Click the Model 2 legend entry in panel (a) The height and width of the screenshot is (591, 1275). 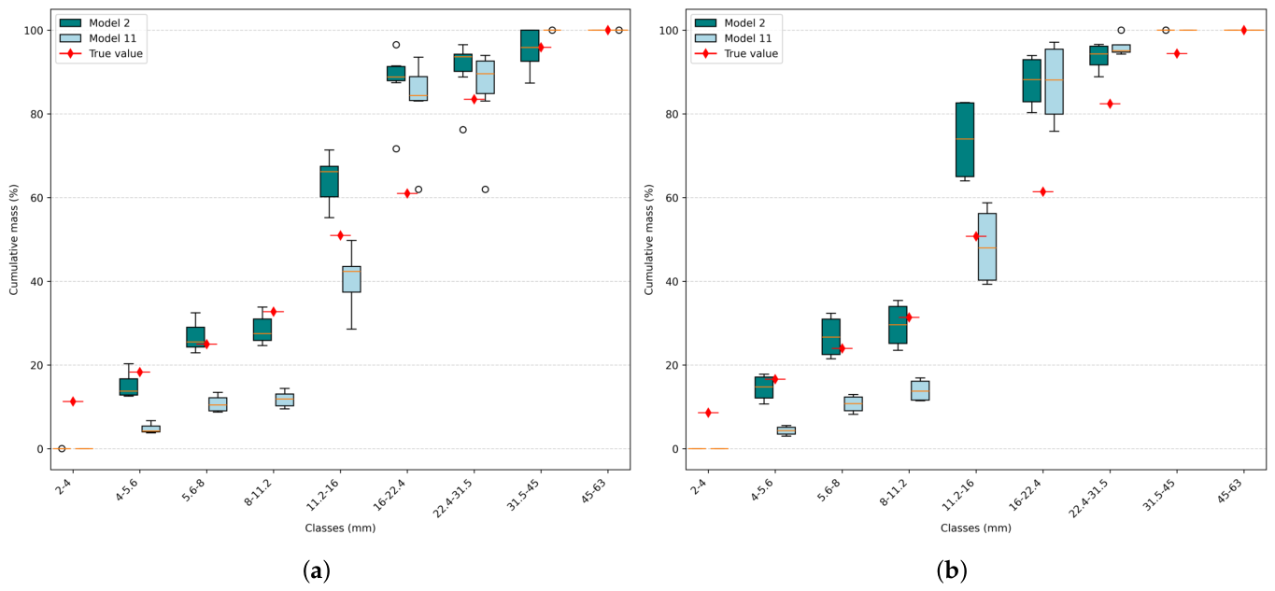coord(103,23)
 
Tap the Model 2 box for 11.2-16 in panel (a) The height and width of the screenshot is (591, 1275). coord(330,181)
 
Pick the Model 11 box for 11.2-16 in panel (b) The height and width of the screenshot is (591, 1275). coord(987,246)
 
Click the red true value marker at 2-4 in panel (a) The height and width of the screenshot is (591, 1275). coord(73,401)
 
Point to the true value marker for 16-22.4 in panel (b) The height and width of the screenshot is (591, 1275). coord(1042,191)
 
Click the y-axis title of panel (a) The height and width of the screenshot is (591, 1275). coord(14,239)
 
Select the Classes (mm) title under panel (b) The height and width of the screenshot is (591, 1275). coord(975,528)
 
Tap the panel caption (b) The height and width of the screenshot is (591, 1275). coord(951,570)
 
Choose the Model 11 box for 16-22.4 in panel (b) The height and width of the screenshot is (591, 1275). coord(1054,81)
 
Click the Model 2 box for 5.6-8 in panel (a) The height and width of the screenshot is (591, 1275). coord(195,337)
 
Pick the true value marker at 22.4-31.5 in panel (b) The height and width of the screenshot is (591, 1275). coord(1110,104)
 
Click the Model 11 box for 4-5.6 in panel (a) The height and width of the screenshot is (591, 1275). coord(151,429)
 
